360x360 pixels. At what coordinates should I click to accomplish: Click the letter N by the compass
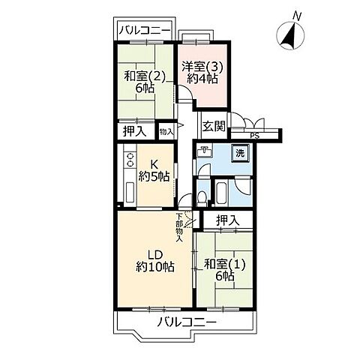coord(298,15)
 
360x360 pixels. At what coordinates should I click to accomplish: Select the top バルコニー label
coord(145,31)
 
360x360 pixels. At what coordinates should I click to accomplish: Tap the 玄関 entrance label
coord(213,125)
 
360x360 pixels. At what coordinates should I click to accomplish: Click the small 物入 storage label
coord(166,131)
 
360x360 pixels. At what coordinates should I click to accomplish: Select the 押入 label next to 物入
coord(135,131)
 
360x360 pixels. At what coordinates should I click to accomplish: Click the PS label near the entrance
coord(255,135)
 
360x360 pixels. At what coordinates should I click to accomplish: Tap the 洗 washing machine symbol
coord(240,152)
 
